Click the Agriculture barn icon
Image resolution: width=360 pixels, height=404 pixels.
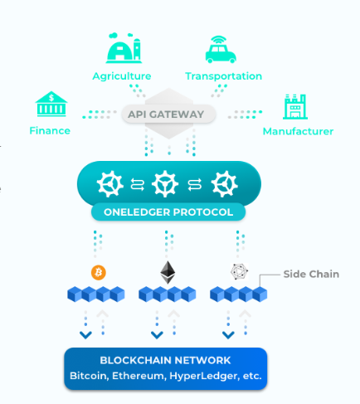[124, 48]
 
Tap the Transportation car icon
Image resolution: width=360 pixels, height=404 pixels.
[221, 50]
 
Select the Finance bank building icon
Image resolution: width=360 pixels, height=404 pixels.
[51, 104]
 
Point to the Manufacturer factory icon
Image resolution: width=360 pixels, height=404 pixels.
[295, 106]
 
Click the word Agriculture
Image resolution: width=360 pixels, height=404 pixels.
[122, 76]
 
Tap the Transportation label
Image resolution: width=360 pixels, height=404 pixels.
[223, 76]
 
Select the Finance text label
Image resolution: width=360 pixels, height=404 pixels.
[50, 130]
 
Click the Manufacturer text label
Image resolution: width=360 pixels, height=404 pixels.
[298, 131]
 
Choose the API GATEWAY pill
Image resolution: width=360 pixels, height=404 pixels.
[168, 114]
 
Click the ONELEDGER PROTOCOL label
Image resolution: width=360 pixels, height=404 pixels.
[168, 212]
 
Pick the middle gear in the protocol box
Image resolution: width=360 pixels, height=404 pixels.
[165, 184]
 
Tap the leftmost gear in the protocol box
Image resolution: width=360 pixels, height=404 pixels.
[109, 184]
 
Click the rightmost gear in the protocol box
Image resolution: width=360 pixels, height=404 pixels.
[224, 184]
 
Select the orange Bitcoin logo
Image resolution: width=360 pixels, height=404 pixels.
[99, 273]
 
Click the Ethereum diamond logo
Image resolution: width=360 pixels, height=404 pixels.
[168, 272]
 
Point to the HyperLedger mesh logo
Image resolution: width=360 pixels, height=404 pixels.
[239, 271]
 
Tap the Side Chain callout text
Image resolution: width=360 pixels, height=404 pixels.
[311, 274]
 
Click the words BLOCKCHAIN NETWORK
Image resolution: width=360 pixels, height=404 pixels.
[165, 360]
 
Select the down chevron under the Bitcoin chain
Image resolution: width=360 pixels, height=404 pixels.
[85, 335]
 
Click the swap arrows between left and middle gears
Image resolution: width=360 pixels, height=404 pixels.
[138, 184]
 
